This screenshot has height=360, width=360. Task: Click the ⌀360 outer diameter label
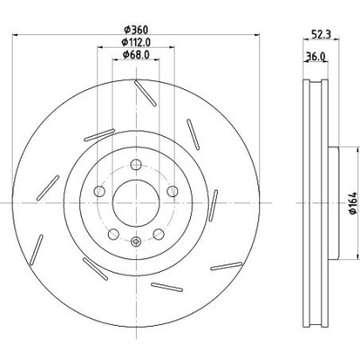[x=136, y=30]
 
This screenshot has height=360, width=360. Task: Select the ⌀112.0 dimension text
[x=136, y=42]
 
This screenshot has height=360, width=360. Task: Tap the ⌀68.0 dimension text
[x=136, y=55]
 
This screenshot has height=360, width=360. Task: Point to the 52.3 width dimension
[x=320, y=34]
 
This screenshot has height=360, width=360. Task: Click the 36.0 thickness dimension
[x=315, y=56]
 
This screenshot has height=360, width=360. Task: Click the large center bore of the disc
[x=136, y=203]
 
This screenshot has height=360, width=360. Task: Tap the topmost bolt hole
[x=136, y=165]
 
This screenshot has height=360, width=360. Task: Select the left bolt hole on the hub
[x=99, y=191]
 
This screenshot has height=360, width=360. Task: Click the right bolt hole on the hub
[x=173, y=191]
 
